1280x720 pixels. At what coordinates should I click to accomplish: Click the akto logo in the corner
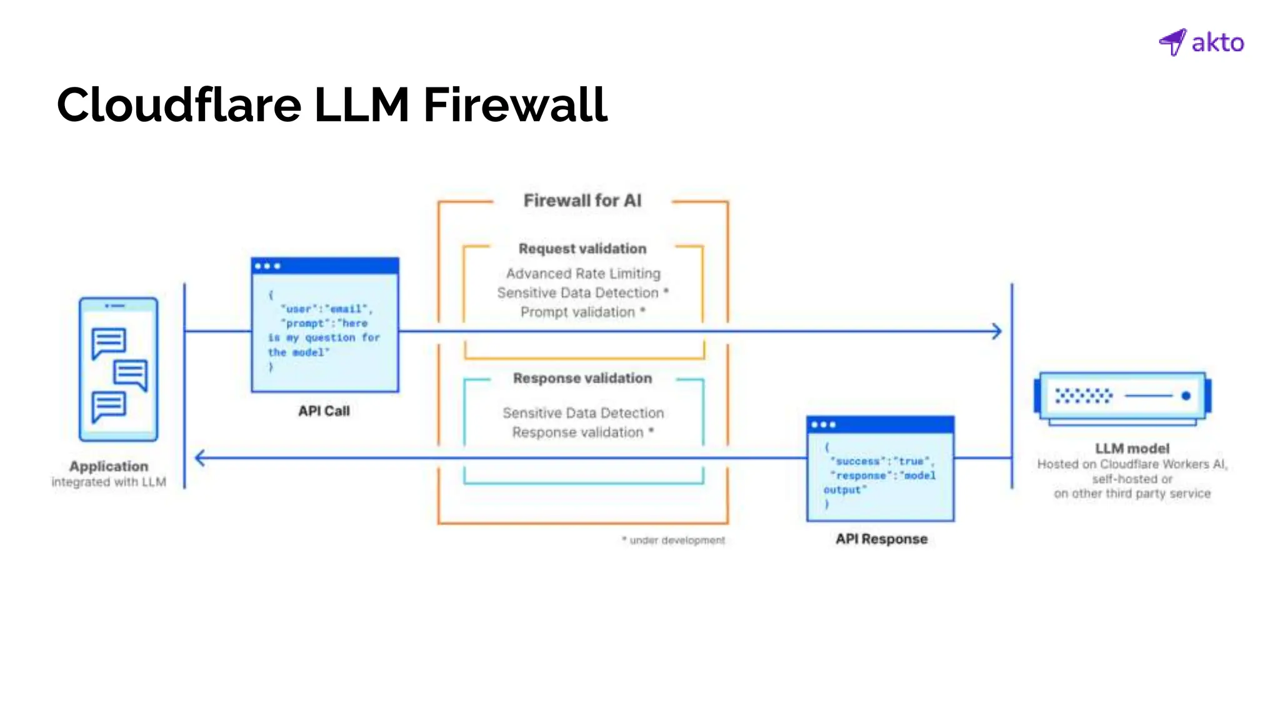(x=1201, y=42)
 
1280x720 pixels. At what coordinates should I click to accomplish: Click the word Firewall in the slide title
(x=515, y=105)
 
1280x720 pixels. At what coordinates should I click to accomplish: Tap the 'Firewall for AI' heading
(x=582, y=201)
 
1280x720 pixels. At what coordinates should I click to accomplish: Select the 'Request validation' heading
(x=582, y=249)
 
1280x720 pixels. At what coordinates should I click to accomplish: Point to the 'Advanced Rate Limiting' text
(x=582, y=274)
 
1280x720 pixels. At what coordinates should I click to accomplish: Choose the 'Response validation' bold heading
(x=582, y=378)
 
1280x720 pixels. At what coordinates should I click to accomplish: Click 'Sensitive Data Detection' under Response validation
(x=582, y=413)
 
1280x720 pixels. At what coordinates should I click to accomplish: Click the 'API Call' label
(x=324, y=411)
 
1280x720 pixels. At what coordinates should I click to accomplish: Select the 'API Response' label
(x=881, y=539)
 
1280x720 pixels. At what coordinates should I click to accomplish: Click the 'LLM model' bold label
(x=1132, y=448)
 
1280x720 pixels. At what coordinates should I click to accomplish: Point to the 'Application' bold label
(x=109, y=466)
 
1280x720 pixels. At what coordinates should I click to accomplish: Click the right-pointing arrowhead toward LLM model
(x=997, y=331)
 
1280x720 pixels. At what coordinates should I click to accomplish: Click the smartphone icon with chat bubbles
(x=118, y=369)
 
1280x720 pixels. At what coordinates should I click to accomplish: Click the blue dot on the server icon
(x=1186, y=396)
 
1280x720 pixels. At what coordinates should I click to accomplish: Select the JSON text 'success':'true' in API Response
(x=881, y=461)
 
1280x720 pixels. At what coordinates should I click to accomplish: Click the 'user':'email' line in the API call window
(x=325, y=309)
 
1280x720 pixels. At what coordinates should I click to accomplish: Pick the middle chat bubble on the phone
(x=131, y=374)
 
